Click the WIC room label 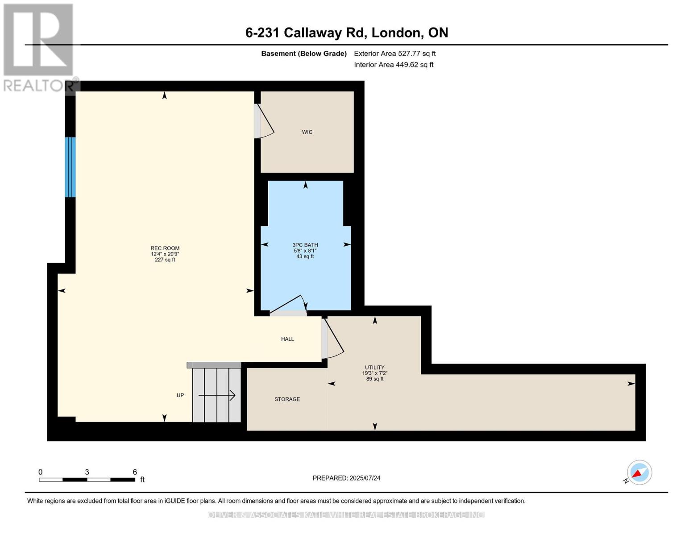(x=307, y=132)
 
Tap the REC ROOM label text (x=165, y=248)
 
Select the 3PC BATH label (x=305, y=245)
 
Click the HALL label (x=287, y=339)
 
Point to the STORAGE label (x=287, y=399)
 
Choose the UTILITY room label (x=374, y=368)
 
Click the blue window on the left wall (x=70, y=167)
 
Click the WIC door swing (x=264, y=121)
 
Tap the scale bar (x=87, y=480)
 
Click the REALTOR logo (x=38, y=47)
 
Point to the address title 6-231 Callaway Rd (x=346, y=33)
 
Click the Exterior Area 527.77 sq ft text (x=394, y=54)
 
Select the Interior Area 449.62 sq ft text (x=394, y=65)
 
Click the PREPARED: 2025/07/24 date (x=346, y=478)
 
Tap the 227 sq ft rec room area (x=165, y=260)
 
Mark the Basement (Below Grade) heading (x=303, y=54)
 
